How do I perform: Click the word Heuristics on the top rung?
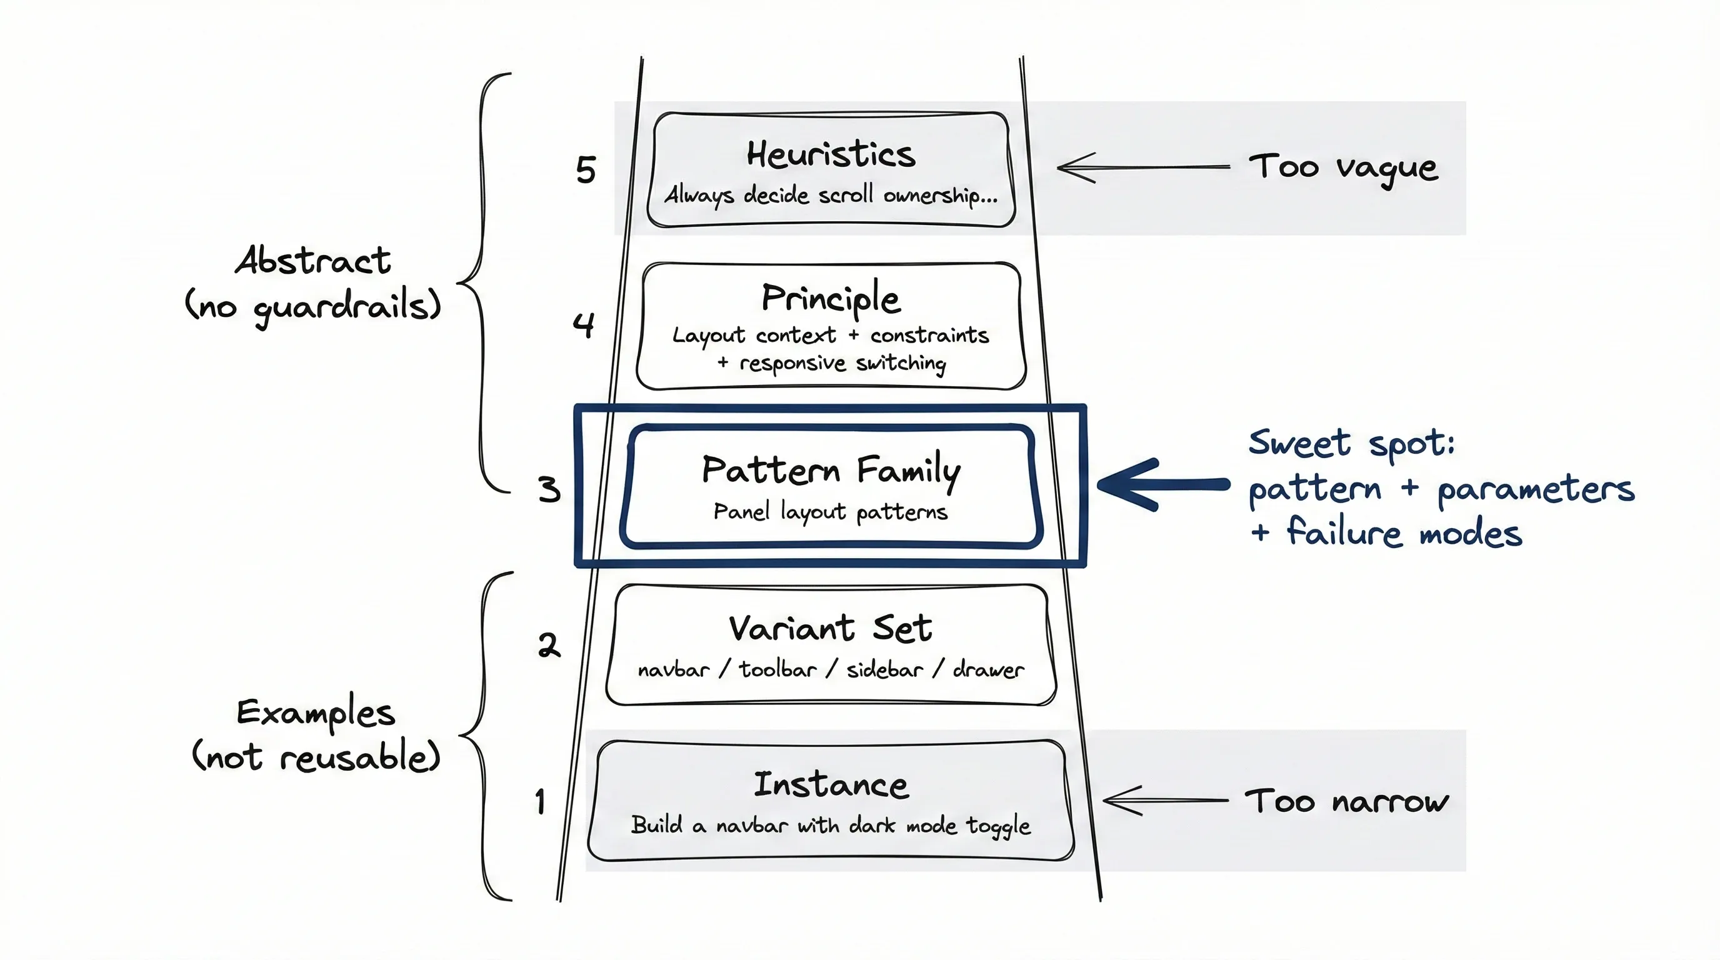831,155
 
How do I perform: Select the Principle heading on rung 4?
831,298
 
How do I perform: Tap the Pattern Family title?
831,470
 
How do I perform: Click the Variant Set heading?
830,628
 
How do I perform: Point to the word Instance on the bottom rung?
831,784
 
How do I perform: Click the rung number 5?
586,169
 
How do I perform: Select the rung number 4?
583,325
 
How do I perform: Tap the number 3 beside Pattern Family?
549,489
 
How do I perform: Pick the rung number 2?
549,645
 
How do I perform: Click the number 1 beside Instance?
540,801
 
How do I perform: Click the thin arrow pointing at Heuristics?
1142,167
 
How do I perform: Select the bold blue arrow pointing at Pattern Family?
1162,484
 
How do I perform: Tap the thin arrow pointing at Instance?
1164,800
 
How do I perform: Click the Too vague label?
1342,167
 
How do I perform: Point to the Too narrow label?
1346,801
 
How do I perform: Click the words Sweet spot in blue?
1351,443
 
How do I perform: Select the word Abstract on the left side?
312,261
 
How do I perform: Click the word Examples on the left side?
316,712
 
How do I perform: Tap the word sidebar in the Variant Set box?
885,669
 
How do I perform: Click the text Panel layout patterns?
830,512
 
